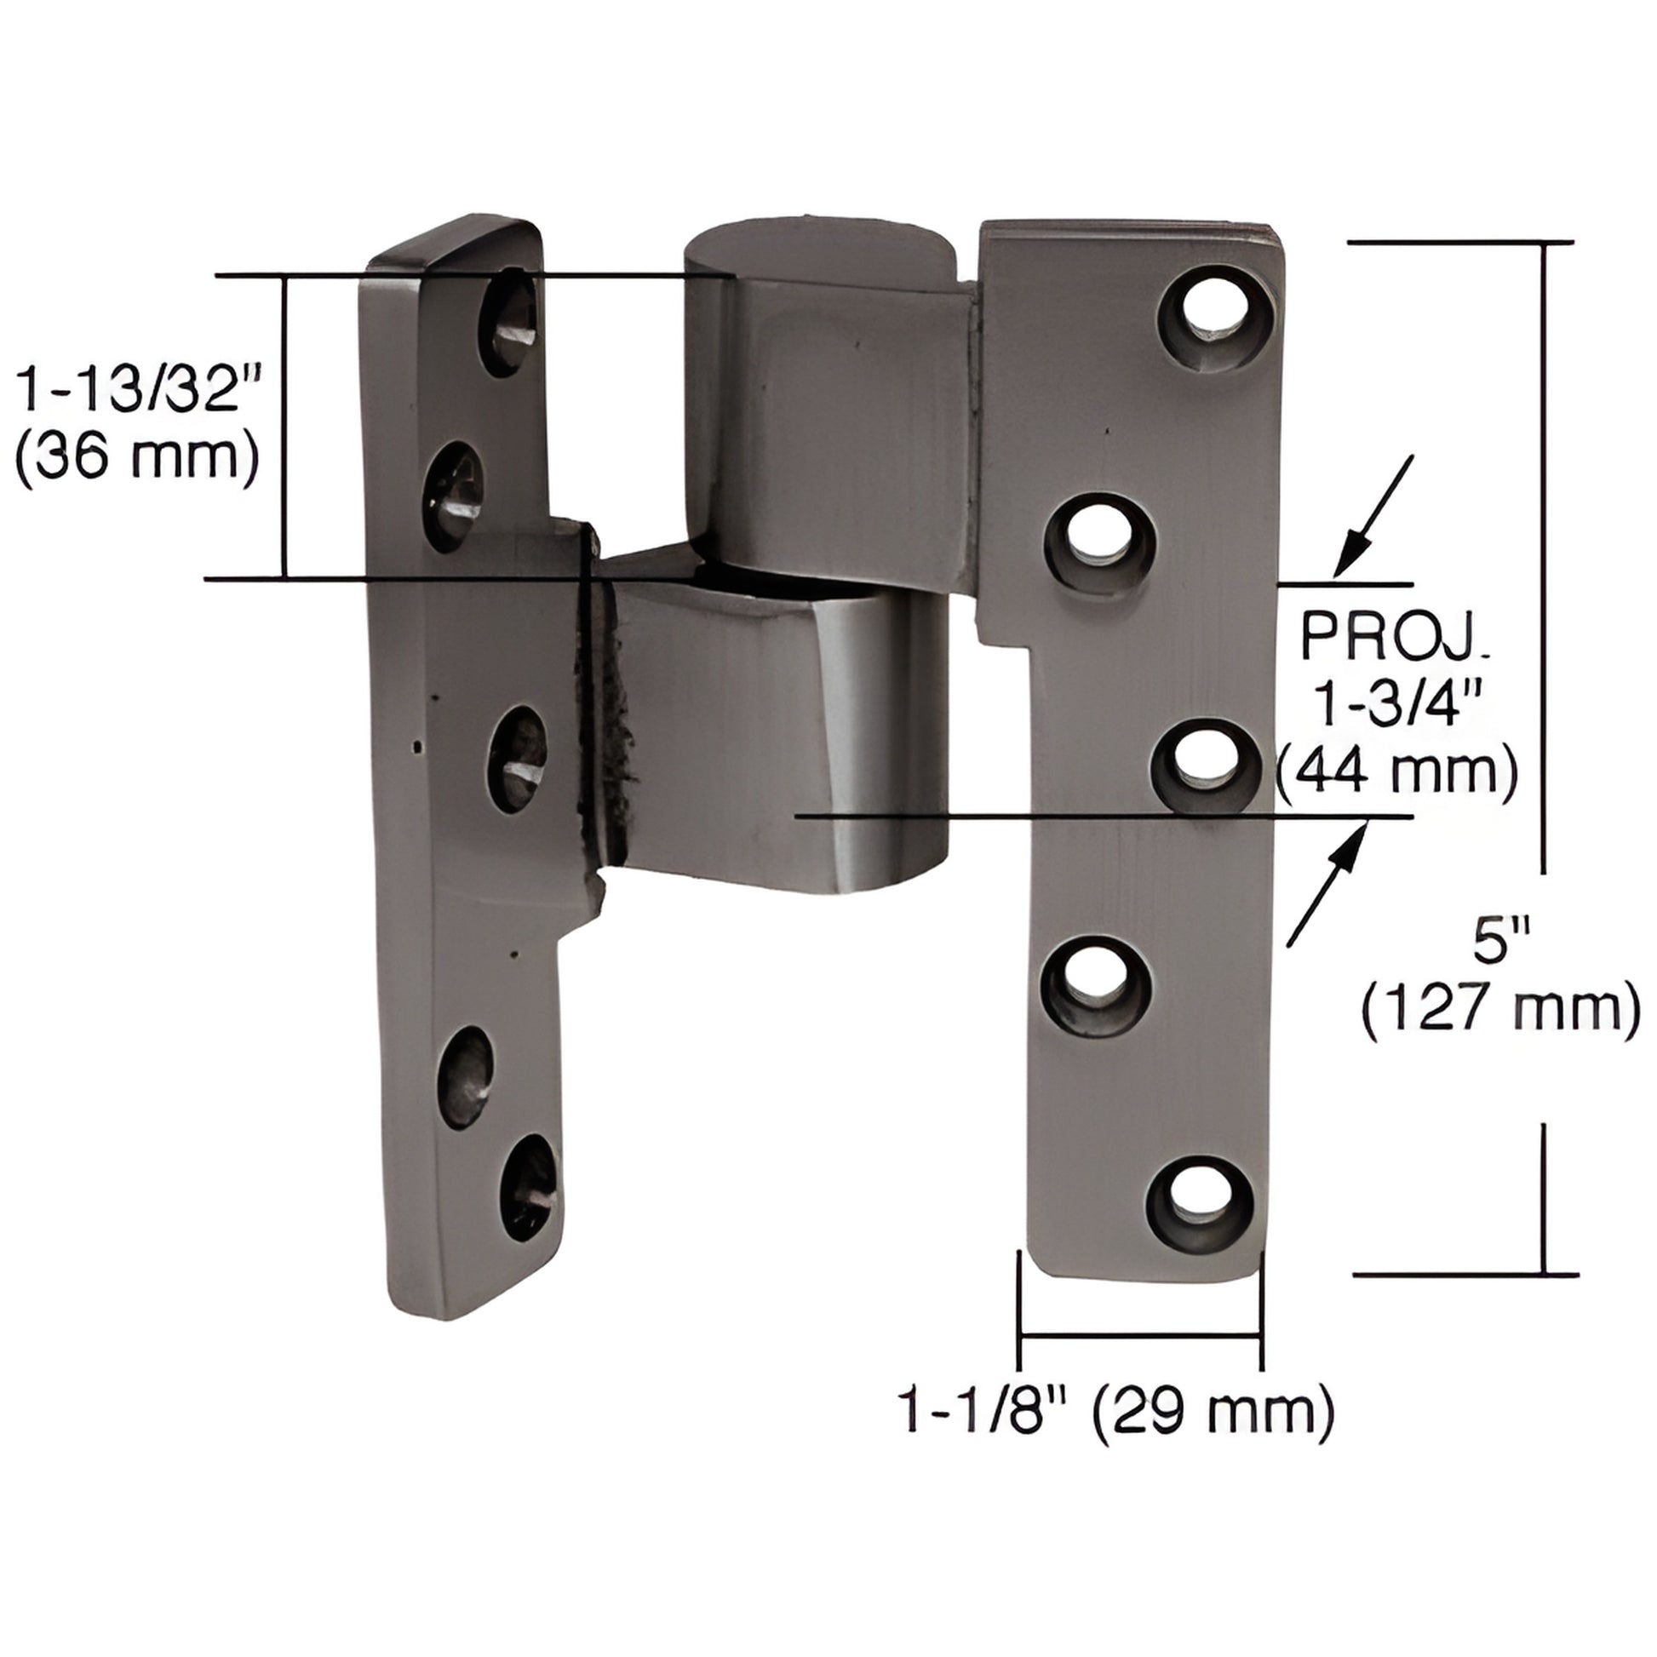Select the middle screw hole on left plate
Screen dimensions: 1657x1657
coord(517,760)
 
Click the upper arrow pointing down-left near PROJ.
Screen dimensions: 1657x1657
coord(1373,514)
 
